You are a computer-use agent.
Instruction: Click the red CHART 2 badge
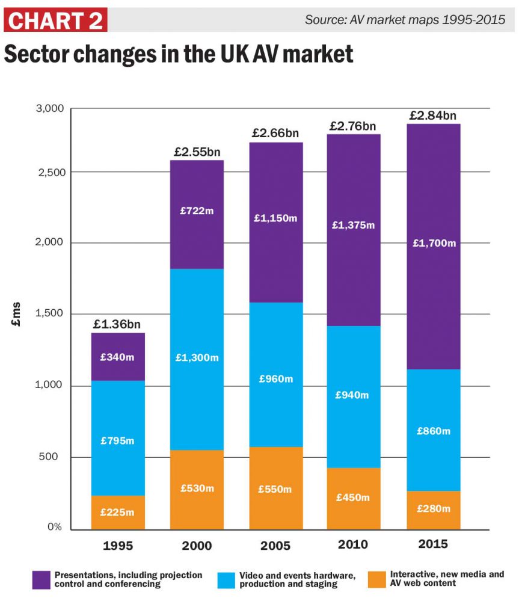click(x=55, y=20)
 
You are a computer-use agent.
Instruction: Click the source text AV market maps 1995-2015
click(x=405, y=19)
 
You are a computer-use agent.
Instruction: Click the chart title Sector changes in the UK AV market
click(x=178, y=54)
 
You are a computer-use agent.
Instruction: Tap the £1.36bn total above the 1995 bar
click(x=118, y=324)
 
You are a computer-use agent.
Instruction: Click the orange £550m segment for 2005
click(x=275, y=488)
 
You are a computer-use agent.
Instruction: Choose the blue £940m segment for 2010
click(x=354, y=396)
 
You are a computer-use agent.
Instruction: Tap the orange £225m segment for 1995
click(x=118, y=513)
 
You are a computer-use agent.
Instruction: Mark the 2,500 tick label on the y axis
click(x=48, y=172)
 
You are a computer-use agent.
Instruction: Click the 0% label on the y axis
click(x=55, y=527)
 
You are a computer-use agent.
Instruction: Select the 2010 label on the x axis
click(x=354, y=544)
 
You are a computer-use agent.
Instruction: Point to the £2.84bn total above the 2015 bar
click(x=432, y=115)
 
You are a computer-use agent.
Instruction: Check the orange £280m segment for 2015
click(x=433, y=510)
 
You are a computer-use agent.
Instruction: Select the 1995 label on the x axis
click(x=118, y=546)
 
